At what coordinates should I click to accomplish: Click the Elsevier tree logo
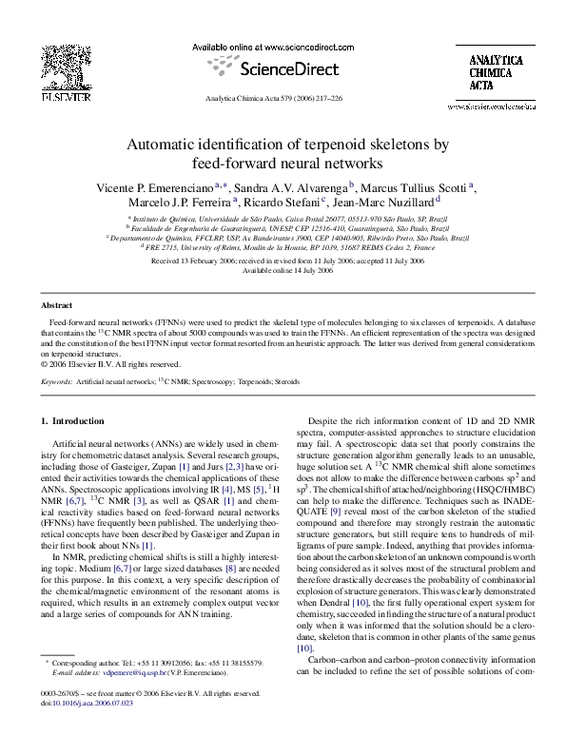click(x=67, y=68)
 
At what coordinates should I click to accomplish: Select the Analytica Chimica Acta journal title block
click(x=496, y=72)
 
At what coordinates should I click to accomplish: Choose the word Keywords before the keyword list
click(x=56, y=381)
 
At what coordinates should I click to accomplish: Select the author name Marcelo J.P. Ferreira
click(x=179, y=202)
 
